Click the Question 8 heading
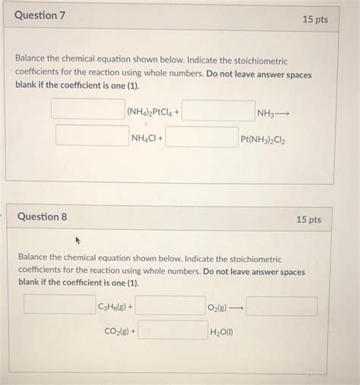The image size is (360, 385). [x=42, y=216]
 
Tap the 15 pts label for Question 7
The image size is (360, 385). [x=314, y=19]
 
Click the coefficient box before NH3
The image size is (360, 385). [x=218, y=111]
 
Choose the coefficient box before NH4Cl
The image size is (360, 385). [x=91, y=137]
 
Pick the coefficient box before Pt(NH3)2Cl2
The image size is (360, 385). [x=201, y=138]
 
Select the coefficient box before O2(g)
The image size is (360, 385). [x=169, y=306]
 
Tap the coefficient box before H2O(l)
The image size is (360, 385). [x=172, y=330]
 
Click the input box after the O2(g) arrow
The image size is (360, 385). [x=282, y=306]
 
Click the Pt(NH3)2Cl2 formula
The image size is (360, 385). [x=264, y=140]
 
